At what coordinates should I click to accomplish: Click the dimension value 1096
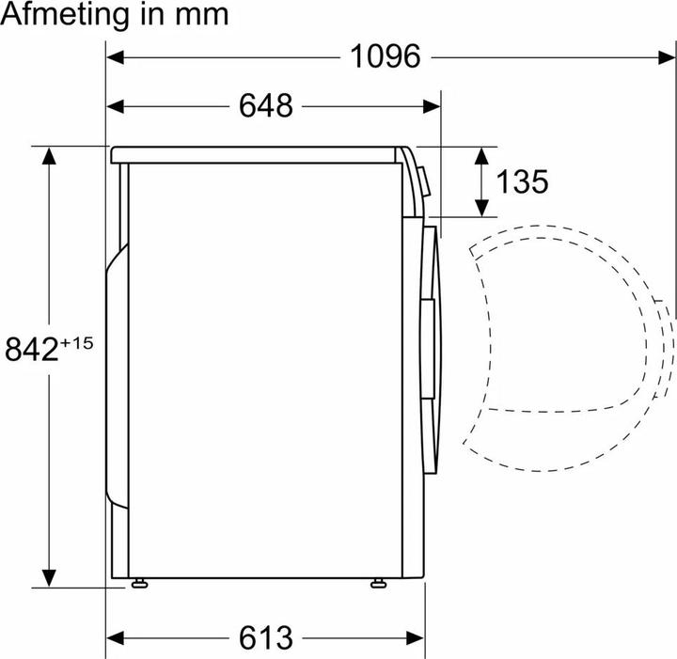pyautogui.click(x=385, y=56)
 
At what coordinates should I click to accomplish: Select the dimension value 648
pyautogui.click(x=265, y=106)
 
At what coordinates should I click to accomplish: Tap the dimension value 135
pyautogui.click(x=522, y=181)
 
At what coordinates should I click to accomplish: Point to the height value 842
pyautogui.click(x=31, y=350)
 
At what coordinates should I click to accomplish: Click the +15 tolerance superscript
pyautogui.click(x=77, y=343)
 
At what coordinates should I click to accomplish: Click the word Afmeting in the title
pyautogui.click(x=73, y=15)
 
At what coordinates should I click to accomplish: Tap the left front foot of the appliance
pyautogui.click(x=140, y=584)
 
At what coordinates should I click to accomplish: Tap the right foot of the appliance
pyautogui.click(x=379, y=584)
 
